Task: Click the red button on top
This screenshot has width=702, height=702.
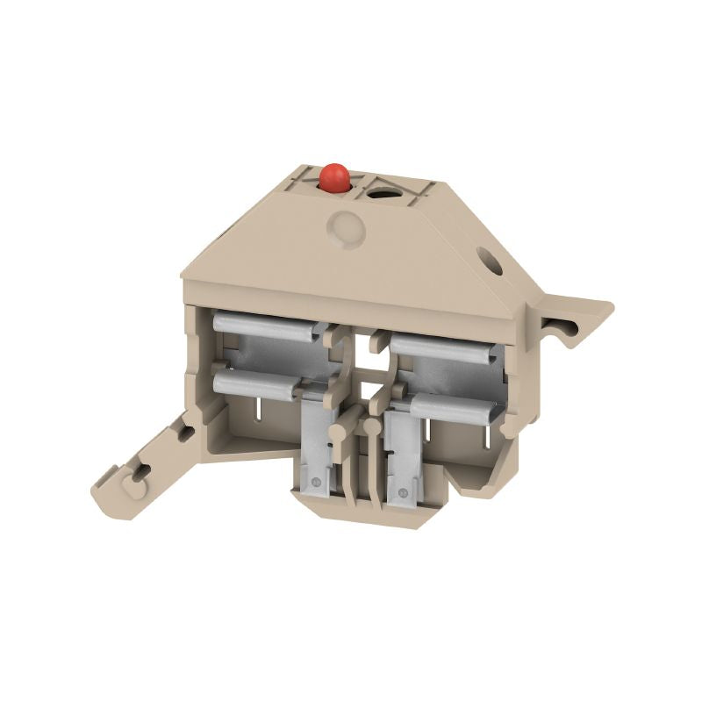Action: (334, 177)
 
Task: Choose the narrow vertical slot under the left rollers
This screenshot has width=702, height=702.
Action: (259, 412)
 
